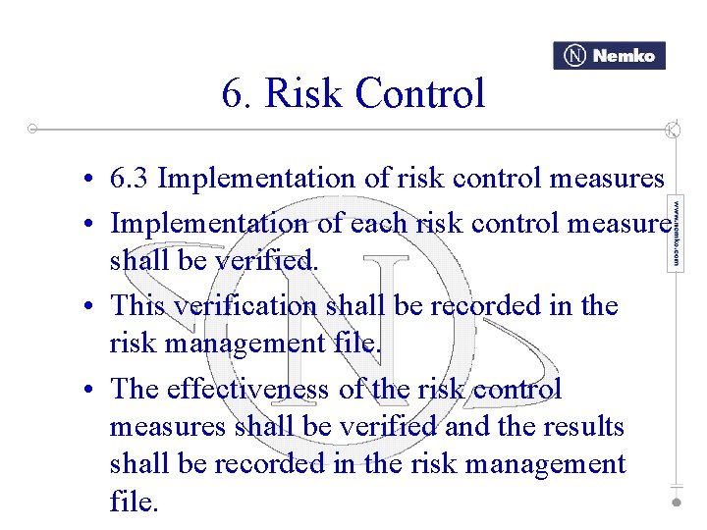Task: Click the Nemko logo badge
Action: click(x=609, y=56)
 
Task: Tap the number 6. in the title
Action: click(x=238, y=94)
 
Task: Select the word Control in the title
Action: click(x=420, y=94)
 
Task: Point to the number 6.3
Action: click(x=130, y=179)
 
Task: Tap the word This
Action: click(x=138, y=305)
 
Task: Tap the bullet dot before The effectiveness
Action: click(x=88, y=391)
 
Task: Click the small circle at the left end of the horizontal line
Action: click(x=32, y=129)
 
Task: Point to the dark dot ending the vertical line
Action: click(x=676, y=502)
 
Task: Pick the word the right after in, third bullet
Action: click(x=599, y=305)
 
